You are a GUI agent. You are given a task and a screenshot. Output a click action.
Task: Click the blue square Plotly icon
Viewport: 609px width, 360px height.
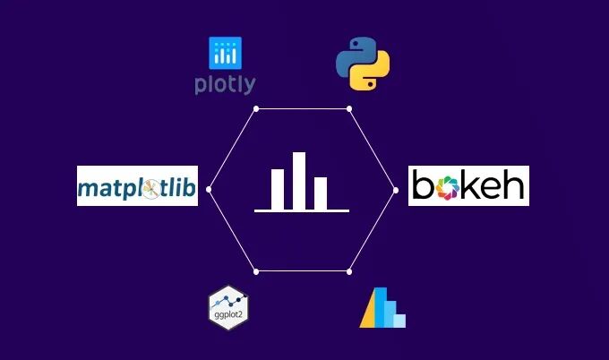pyautogui.click(x=225, y=55)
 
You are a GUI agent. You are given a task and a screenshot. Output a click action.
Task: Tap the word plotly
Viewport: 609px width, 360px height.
pyautogui.click(x=225, y=85)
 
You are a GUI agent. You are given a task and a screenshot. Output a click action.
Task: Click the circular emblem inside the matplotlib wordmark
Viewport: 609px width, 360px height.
pyautogui.click(x=153, y=188)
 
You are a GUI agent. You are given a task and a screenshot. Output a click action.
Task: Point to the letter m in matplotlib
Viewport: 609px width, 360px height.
pyautogui.click(x=88, y=189)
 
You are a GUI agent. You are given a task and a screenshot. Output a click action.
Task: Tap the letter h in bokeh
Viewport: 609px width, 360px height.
pyautogui.click(x=514, y=185)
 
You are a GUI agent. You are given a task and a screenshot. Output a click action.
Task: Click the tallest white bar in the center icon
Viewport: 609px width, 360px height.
pyautogui.click(x=299, y=181)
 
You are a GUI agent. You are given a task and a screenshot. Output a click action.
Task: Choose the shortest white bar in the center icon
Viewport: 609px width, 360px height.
pyautogui.click(x=321, y=193)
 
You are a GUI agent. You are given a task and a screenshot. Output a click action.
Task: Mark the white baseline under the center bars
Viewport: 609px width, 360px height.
pyautogui.click(x=301, y=212)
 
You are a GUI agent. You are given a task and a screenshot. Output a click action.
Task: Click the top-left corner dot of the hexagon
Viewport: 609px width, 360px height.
pyautogui.click(x=256, y=108)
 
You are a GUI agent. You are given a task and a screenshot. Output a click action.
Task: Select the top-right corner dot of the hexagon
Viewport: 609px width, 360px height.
pyautogui.click(x=348, y=108)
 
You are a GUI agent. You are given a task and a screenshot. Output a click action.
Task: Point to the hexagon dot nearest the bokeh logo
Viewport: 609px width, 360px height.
pyautogui.click(x=395, y=189)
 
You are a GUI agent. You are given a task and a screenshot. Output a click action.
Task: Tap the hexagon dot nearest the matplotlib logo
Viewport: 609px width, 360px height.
pyautogui.click(x=209, y=189)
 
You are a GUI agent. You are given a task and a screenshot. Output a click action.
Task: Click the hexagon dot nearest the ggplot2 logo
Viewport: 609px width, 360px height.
pyautogui.click(x=256, y=270)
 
